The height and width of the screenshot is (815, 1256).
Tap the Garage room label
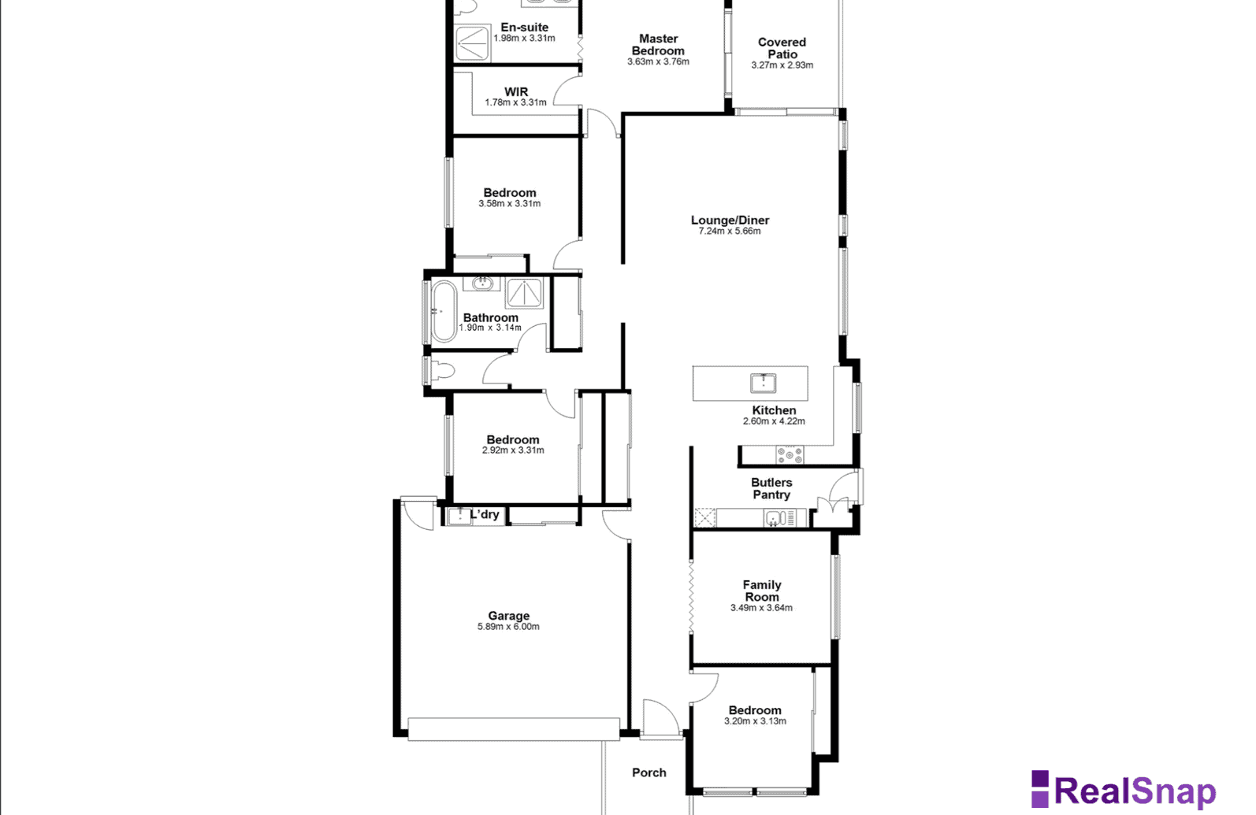pos(508,616)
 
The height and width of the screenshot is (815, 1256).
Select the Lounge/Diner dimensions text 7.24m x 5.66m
pos(730,231)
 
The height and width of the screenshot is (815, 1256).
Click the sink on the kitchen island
pos(763,383)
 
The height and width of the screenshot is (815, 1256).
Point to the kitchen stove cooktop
pos(790,454)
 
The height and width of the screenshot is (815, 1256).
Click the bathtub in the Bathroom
pos(444,311)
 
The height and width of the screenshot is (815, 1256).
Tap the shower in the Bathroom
pos(524,293)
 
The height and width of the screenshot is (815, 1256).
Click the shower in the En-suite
pos(472,43)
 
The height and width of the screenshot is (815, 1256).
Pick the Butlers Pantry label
pos(771,488)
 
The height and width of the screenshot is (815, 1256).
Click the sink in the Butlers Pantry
pos(774,518)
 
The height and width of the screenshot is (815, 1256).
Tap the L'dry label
pos(485,514)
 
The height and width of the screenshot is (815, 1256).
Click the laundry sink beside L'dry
pos(460,516)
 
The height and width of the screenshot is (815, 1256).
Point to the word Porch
pos(649,772)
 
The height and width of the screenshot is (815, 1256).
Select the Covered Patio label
pos(782,48)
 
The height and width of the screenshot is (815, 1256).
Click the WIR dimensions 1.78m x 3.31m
pos(516,102)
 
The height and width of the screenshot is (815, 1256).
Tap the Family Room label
pos(762,591)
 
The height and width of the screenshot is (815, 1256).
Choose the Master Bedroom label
pos(658,45)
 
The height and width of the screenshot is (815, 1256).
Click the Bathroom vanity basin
pos(481,283)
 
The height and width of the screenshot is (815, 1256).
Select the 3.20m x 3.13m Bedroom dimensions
pos(756,721)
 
